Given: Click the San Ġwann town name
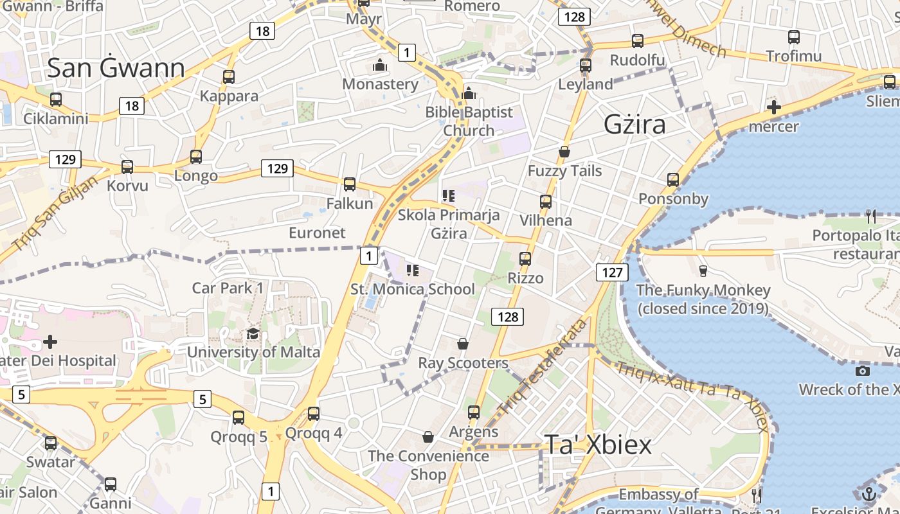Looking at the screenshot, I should [x=116, y=67].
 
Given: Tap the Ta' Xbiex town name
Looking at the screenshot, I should [x=598, y=444].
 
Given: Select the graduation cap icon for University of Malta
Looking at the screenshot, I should [x=253, y=334].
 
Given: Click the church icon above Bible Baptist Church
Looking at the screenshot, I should [x=469, y=94].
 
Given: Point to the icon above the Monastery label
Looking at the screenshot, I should [x=380, y=66].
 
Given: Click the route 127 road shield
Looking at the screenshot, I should [x=612, y=272].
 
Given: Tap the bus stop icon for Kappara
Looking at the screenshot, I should [x=228, y=77].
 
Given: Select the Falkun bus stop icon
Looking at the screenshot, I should [x=350, y=184].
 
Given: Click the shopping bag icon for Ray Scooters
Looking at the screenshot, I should [x=463, y=344].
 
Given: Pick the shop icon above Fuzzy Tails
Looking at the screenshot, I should [x=564, y=152].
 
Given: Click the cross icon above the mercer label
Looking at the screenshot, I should [x=774, y=107].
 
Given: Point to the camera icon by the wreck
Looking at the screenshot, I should [x=863, y=371].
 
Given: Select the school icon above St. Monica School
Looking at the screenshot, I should [x=413, y=270].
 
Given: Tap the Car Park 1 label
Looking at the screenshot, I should [x=228, y=287].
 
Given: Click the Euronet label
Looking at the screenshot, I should [x=317, y=233].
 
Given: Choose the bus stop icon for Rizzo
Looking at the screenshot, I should [x=525, y=259].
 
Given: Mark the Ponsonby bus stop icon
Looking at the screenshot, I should [x=673, y=180].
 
